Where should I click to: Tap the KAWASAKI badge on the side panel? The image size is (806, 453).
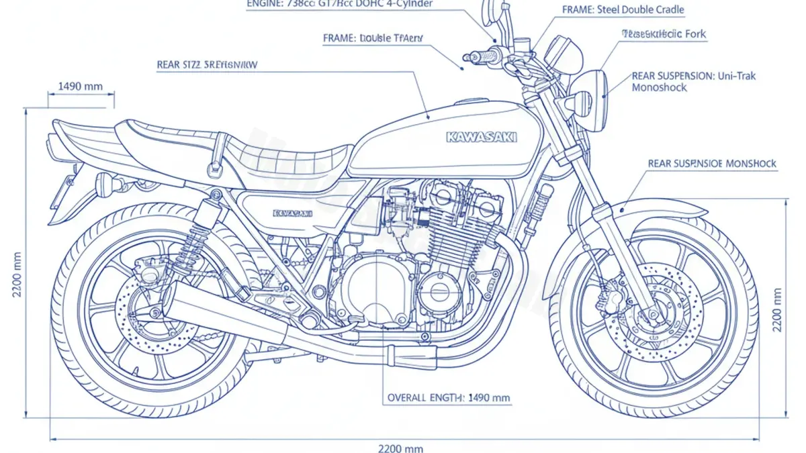[x=293, y=213]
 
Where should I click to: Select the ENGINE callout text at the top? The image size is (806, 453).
[x=340, y=3]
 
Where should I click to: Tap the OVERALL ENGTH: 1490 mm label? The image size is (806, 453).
[x=449, y=398]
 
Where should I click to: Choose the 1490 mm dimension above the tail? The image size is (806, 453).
[x=81, y=86]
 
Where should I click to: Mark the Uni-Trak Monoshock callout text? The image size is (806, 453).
[x=693, y=82]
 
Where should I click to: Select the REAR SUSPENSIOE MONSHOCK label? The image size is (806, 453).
[x=712, y=164]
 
